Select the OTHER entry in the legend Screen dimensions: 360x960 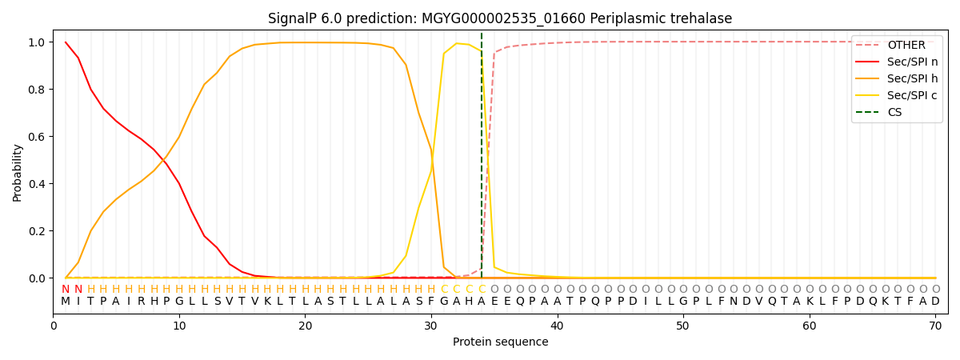(x=906, y=46)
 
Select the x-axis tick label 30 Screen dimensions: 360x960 (x=431, y=326)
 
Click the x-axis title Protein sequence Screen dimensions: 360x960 (x=500, y=342)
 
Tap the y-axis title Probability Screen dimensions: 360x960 (x=18, y=172)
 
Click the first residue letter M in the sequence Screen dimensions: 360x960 (x=66, y=302)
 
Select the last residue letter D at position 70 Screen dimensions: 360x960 (x=935, y=302)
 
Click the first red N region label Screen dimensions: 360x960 (x=66, y=290)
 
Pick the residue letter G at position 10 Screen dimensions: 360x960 (x=179, y=302)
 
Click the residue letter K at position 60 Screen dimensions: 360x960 (x=810, y=302)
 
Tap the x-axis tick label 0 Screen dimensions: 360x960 (x=54, y=326)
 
